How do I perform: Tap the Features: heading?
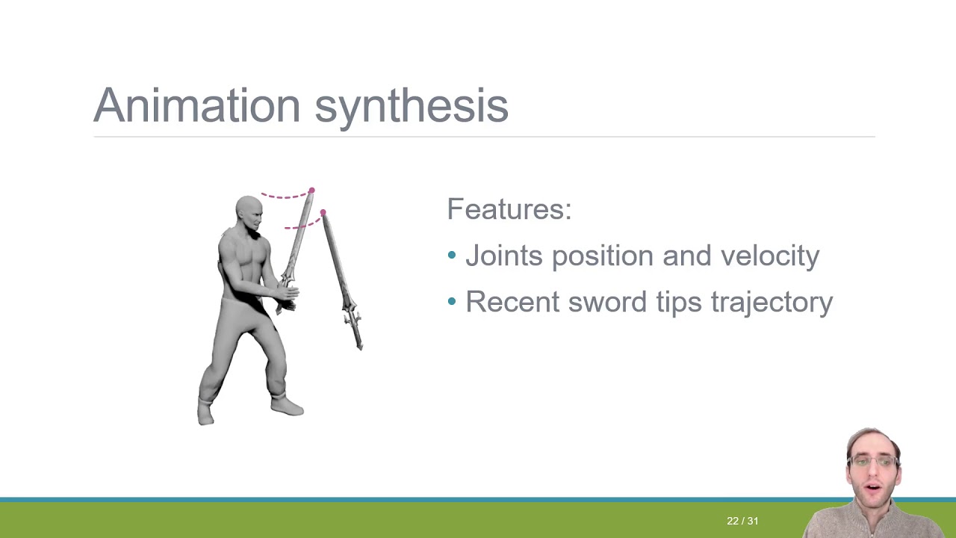tap(509, 209)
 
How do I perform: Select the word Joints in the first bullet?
tap(504, 256)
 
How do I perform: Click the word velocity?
tap(769, 256)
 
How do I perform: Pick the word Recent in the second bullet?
tap(512, 302)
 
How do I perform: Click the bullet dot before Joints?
tap(452, 256)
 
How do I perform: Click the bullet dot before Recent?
tap(452, 302)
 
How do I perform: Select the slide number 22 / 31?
tap(742, 521)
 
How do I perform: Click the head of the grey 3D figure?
tap(249, 212)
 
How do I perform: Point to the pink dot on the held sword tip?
tap(311, 191)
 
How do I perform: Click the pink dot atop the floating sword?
tap(323, 213)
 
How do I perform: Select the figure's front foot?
tap(288, 406)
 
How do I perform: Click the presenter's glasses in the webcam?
tap(872, 462)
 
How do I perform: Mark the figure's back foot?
tap(205, 415)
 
